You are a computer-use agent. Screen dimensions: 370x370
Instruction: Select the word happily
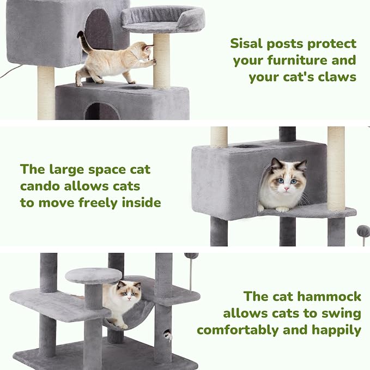click(337, 330)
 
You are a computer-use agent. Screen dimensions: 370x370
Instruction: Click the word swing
click(340, 313)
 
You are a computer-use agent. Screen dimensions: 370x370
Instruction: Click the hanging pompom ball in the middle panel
click(363, 231)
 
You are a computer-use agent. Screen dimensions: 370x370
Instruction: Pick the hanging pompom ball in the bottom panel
click(191, 256)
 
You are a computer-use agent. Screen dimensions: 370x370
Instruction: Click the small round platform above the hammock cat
click(93, 275)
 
